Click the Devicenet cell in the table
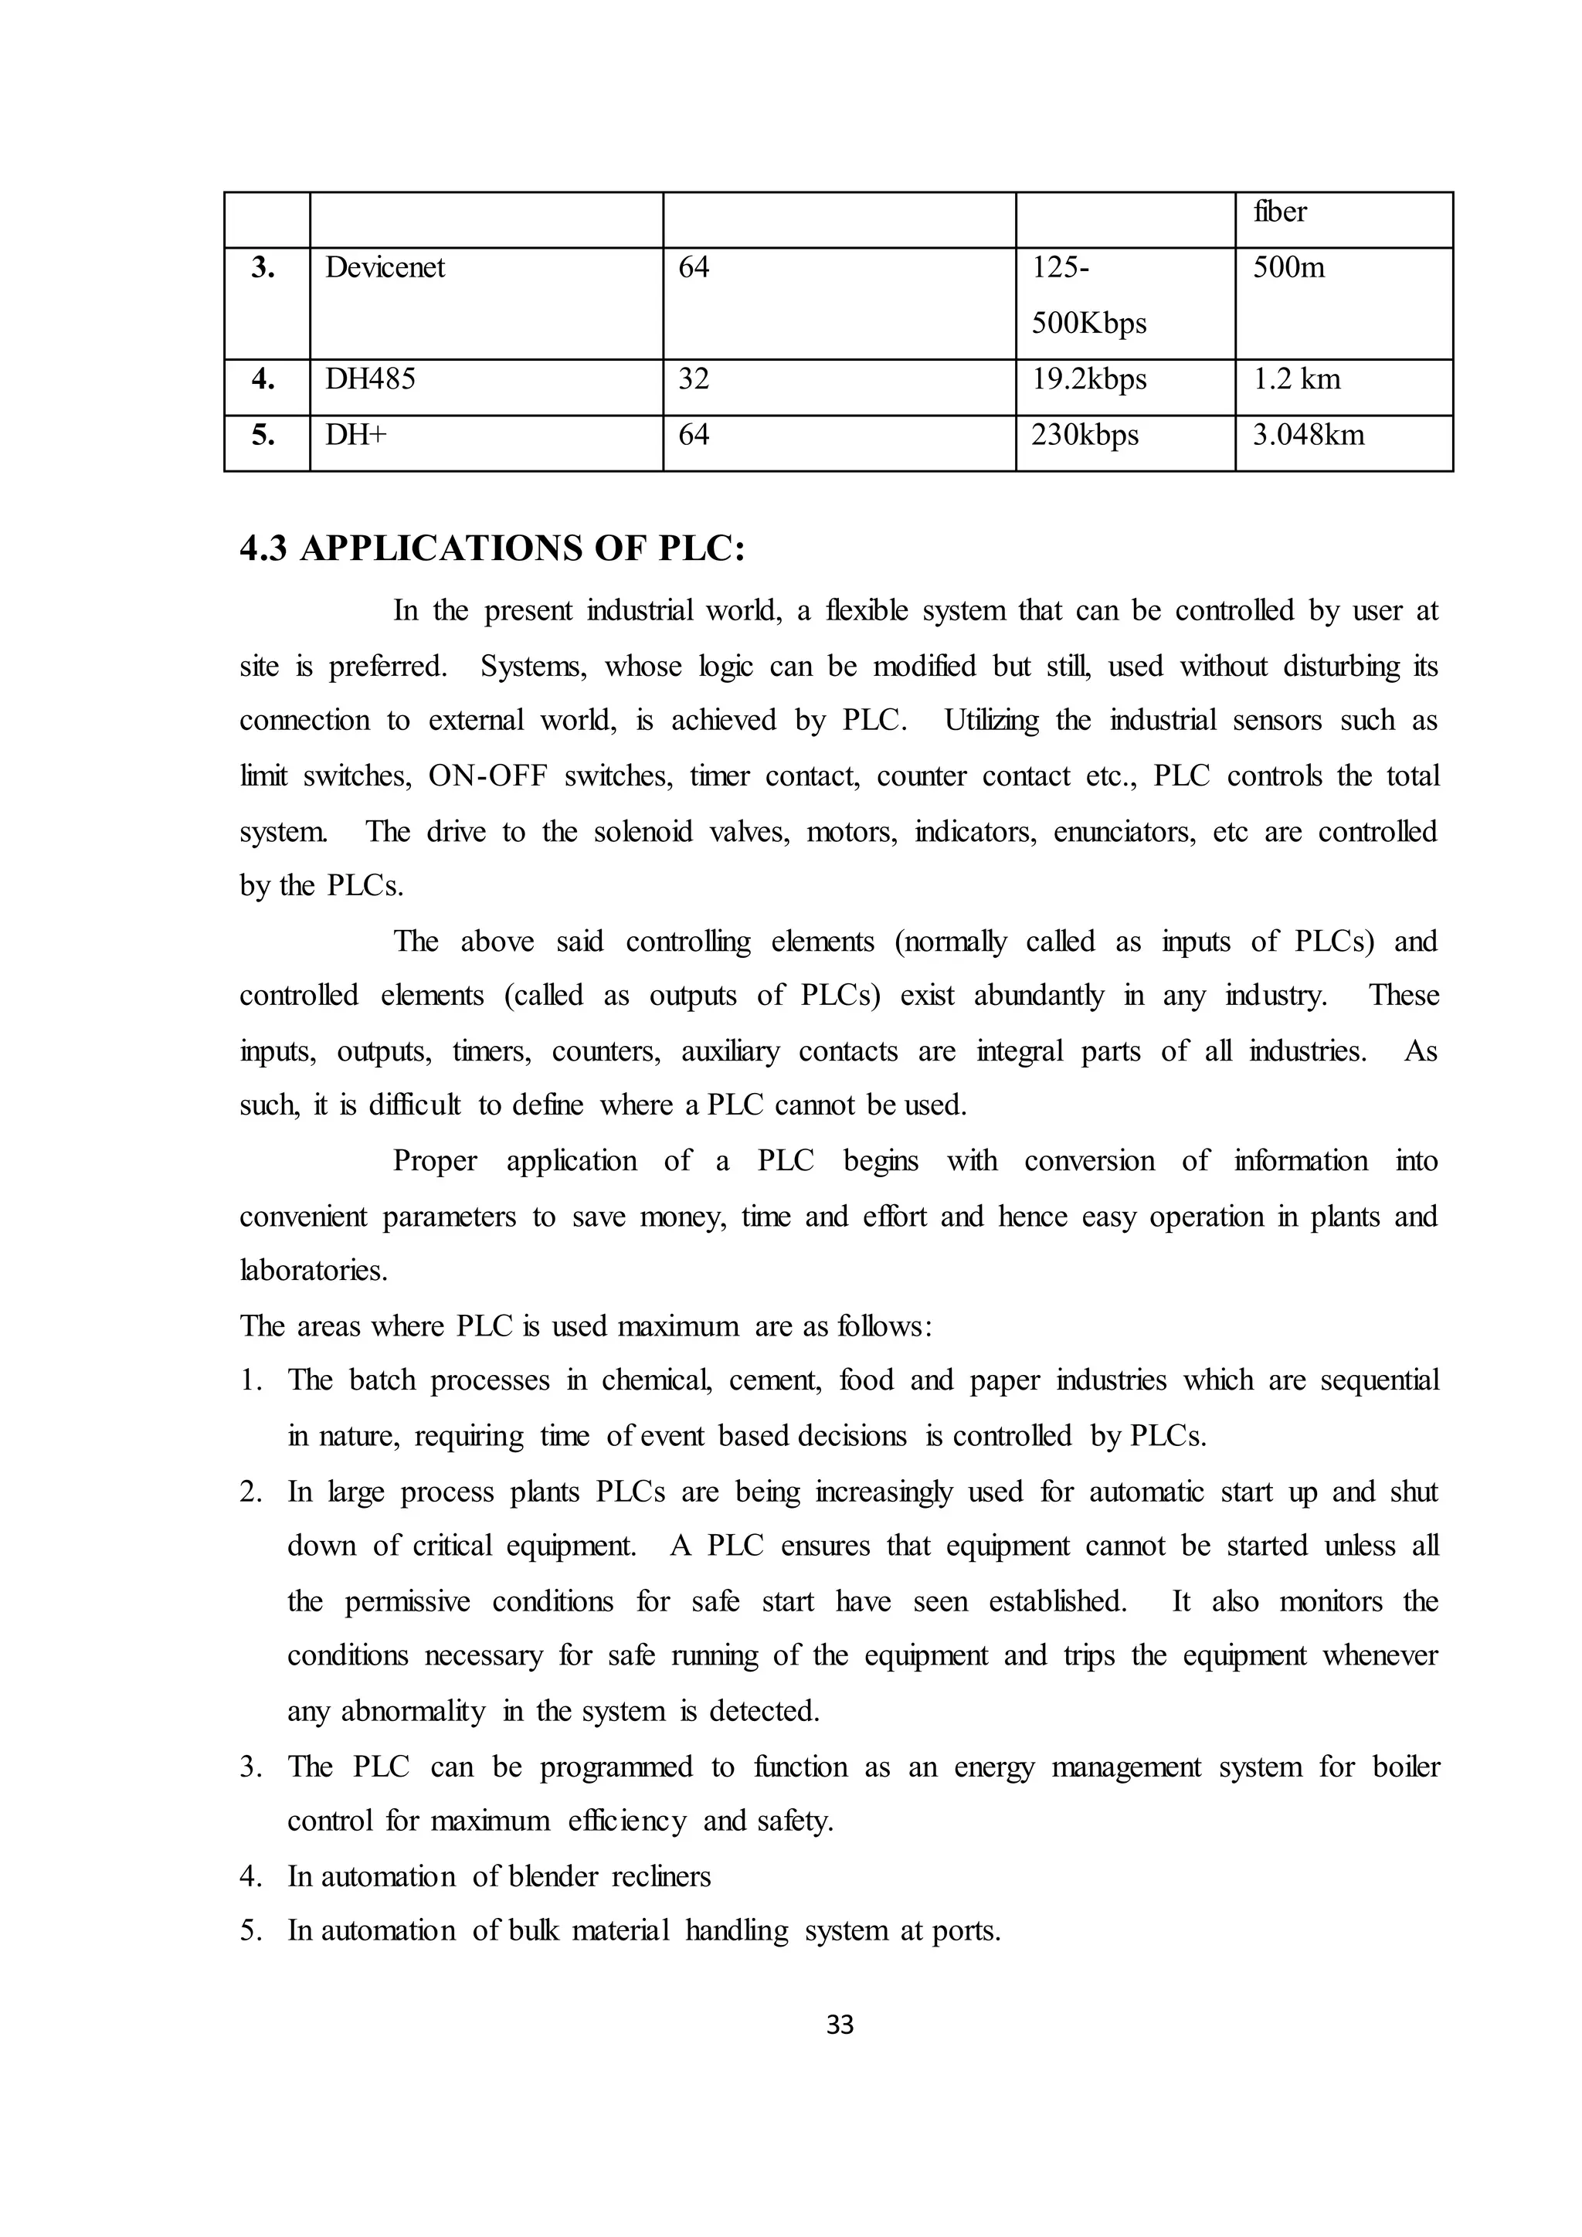[x=385, y=268]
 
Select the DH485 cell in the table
[x=370, y=379]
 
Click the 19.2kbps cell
[x=1088, y=379]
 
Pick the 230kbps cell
[x=1085, y=435]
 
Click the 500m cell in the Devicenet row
[x=1288, y=268]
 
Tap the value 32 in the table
[x=693, y=379]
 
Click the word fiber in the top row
[x=1279, y=212]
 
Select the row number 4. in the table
[x=263, y=379]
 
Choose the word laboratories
[x=313, y=1271]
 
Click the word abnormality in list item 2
[x=412, y=1712]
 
